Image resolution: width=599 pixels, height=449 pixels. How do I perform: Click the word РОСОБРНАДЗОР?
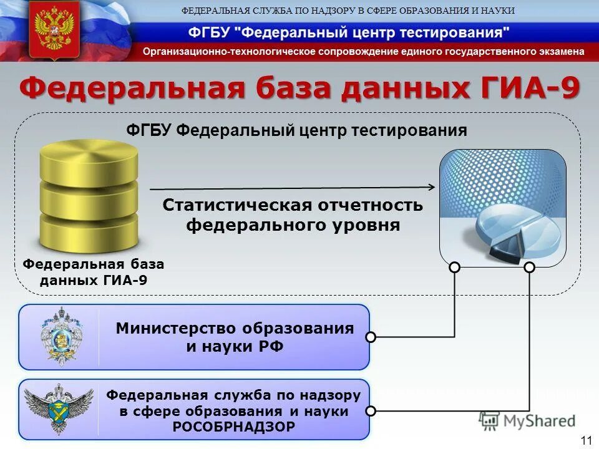point(233,427)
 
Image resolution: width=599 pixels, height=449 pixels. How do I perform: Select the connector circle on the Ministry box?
point(371,337)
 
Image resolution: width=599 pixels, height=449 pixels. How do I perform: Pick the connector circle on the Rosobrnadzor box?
point(371,411)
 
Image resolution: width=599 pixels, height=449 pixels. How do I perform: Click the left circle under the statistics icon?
point(455,268)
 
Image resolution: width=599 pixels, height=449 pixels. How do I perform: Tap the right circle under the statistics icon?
point(530,268)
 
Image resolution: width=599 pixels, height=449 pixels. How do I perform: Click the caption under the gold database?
point(94,272)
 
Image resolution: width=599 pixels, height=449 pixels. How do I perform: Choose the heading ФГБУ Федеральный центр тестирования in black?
point(296,130)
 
